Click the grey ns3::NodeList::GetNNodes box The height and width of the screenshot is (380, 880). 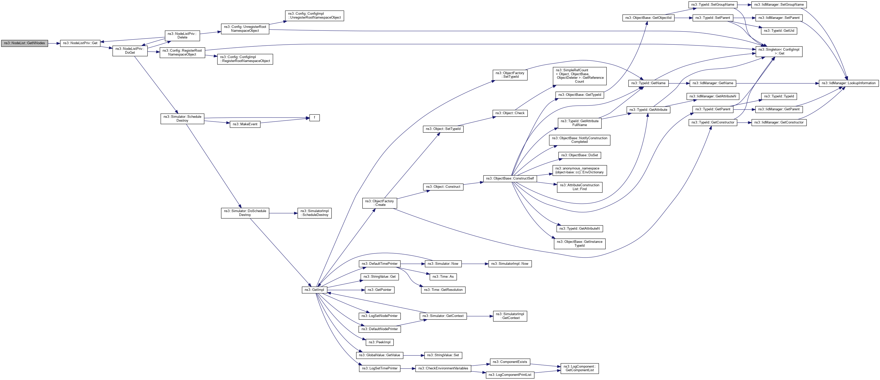[x=24, y=43]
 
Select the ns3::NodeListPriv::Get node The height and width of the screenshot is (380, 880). [x=80, y=43]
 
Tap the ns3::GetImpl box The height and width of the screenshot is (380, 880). [x=314, y=290]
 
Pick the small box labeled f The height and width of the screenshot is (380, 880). [x=314, y=118]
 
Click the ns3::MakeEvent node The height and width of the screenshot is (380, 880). [x=245, y=124]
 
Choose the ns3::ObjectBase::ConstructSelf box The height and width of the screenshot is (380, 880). [x=510, y=179]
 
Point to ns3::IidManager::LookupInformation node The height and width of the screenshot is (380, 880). [x=848, y=83]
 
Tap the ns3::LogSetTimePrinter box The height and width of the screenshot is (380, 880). [x=379, y=368]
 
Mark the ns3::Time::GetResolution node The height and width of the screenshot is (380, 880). [x=443, y=290]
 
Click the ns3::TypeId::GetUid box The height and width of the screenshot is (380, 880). [x=779, y=31]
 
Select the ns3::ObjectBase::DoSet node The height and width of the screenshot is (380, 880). [x=579, y=155]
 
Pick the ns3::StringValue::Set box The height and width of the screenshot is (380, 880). [x=443, y=355]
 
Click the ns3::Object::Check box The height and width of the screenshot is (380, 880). [x=510, y=113]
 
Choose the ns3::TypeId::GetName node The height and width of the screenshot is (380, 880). [x=648, y=83]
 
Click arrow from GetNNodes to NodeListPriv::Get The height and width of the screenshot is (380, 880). [x=54, y=43]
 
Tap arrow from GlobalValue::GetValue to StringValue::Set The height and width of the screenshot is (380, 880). [x=413, y=355]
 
